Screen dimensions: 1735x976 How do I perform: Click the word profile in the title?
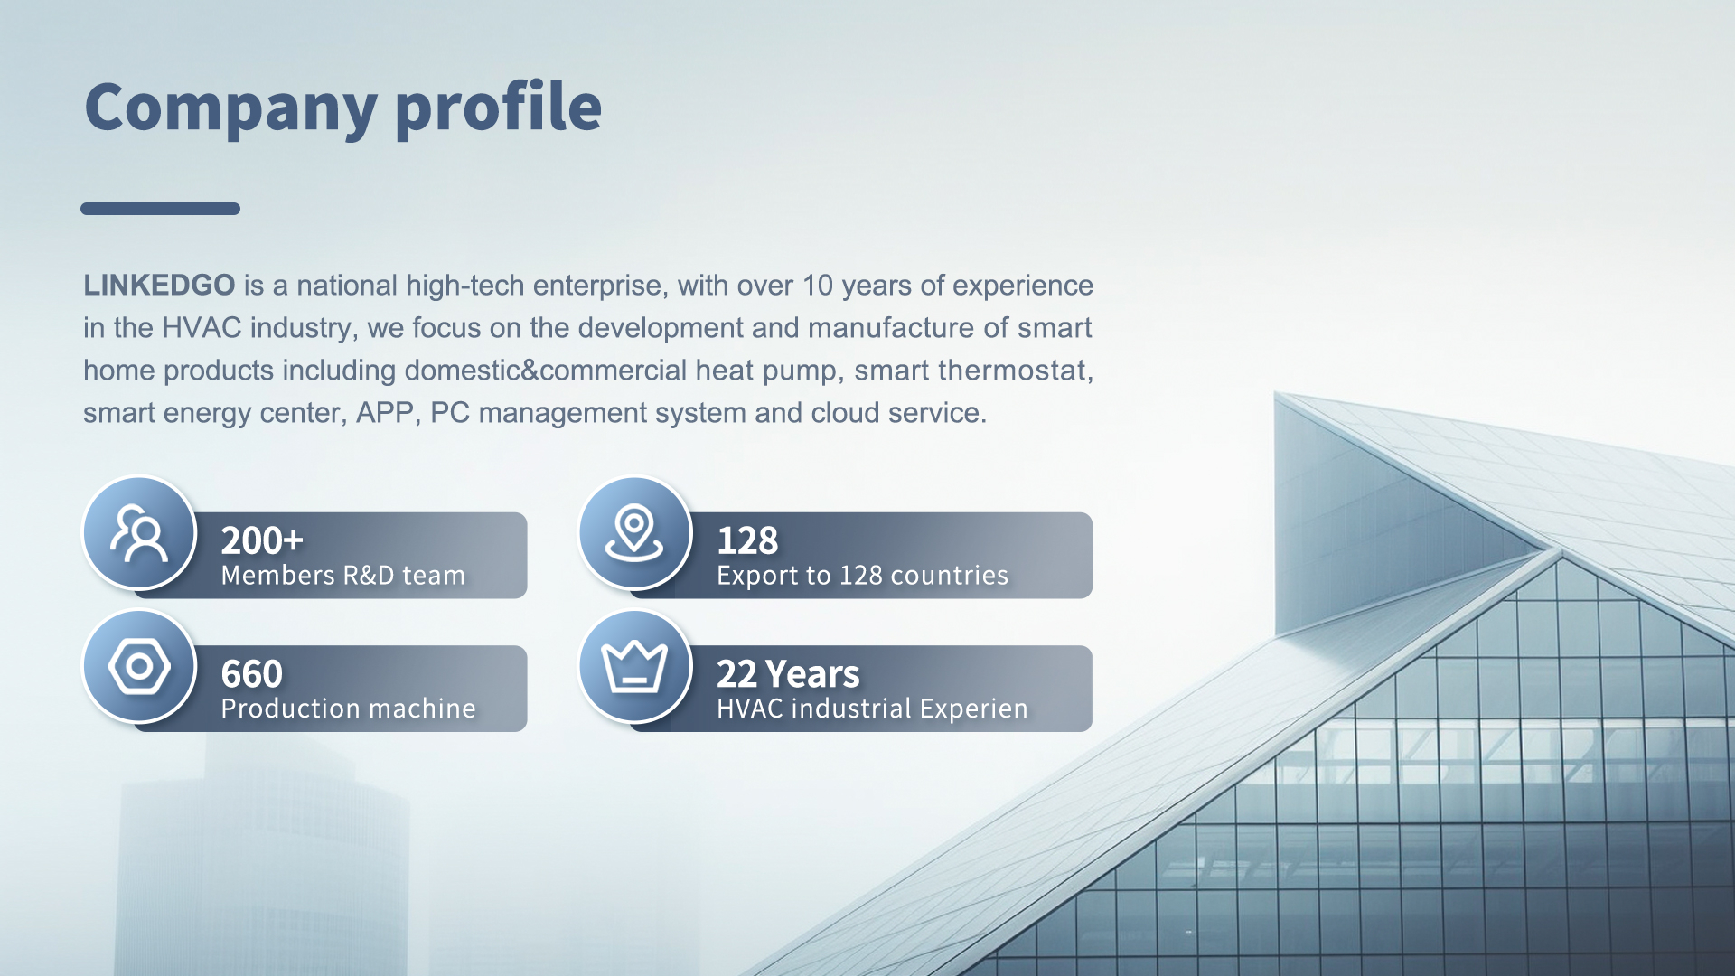498,108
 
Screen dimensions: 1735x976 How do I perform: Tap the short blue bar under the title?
160,209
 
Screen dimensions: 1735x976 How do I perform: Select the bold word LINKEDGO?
159,286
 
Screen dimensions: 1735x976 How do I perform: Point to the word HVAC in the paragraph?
202,328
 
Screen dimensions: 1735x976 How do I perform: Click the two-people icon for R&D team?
139,533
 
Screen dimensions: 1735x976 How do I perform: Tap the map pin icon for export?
634,533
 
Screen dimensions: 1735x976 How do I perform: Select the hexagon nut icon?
139,667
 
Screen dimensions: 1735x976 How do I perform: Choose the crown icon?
634,667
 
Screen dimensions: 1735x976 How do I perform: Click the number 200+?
262,540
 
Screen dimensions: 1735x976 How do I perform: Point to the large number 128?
747,540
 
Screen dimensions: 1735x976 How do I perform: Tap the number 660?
252,674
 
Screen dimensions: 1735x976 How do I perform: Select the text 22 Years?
788,674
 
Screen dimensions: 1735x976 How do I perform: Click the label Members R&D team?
343,576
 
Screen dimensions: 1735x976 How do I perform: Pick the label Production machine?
348,709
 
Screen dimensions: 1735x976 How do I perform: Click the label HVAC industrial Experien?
872,709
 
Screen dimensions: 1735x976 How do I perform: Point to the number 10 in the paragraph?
817,286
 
